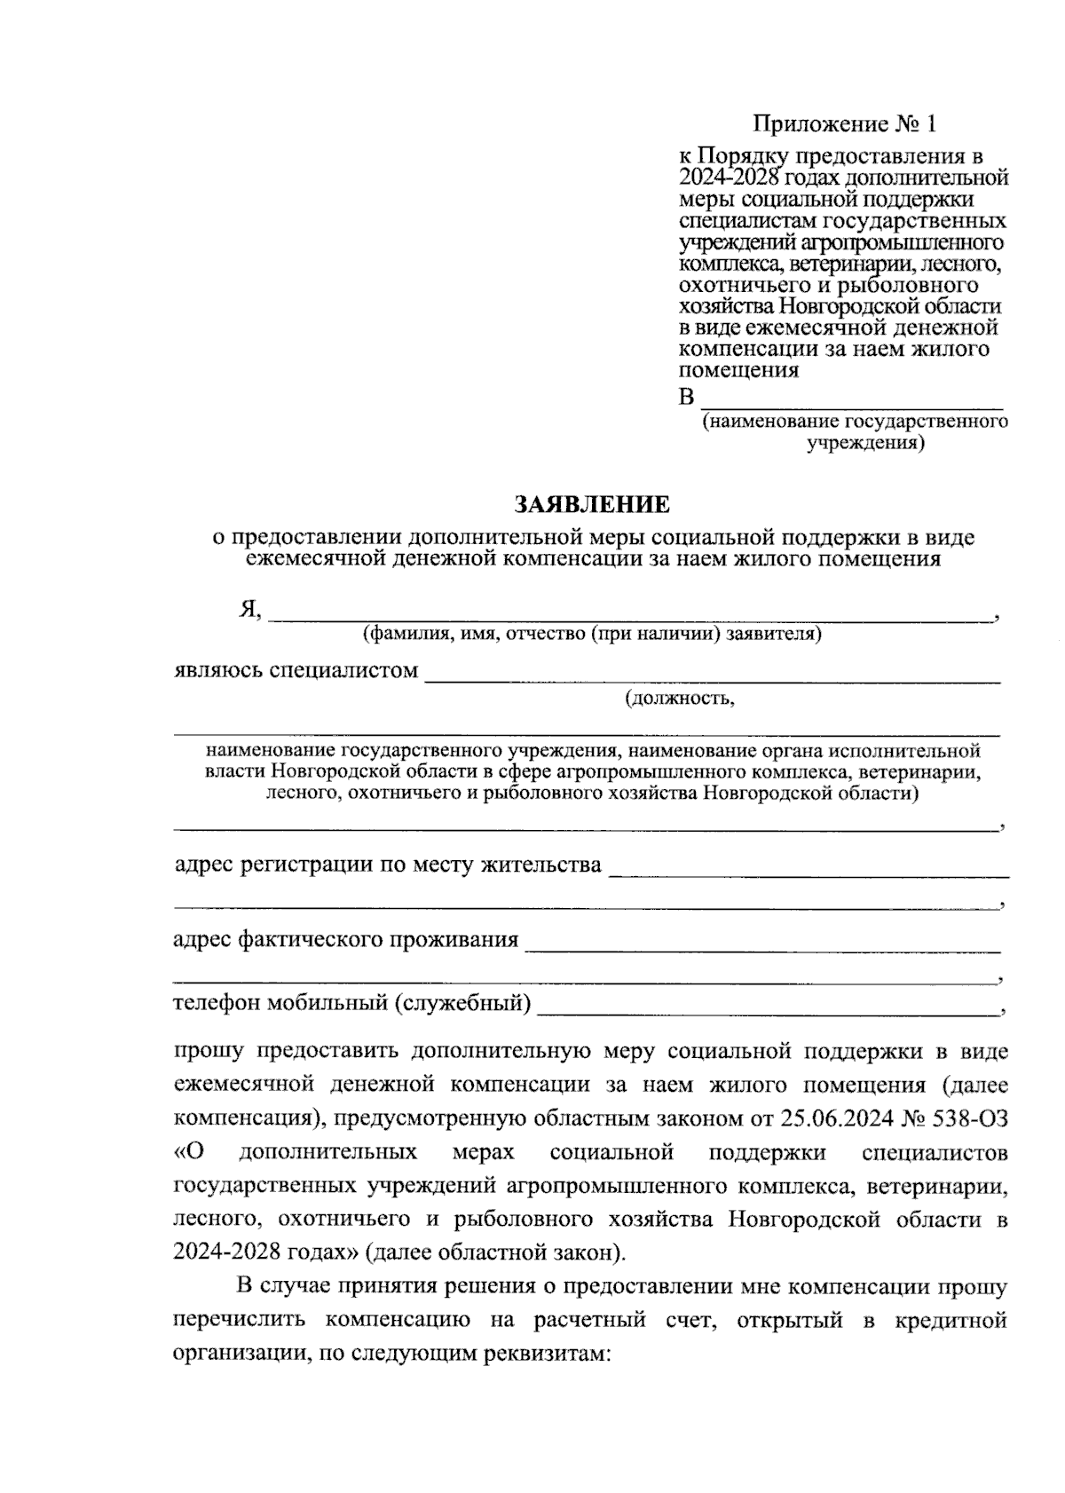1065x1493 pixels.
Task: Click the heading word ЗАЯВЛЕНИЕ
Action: pos(592,506)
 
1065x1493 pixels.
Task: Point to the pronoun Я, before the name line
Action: pos(249,609)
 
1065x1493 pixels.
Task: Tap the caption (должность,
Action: pos(680,699)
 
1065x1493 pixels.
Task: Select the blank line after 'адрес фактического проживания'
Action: pos(763,945)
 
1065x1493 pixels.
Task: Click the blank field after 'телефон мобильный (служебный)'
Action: pos(768,1009)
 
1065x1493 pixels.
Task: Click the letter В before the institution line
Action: pos(686,397)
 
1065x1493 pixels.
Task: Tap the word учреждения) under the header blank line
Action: pos(865,443)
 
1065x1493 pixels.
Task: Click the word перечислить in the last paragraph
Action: pos(238,1320)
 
